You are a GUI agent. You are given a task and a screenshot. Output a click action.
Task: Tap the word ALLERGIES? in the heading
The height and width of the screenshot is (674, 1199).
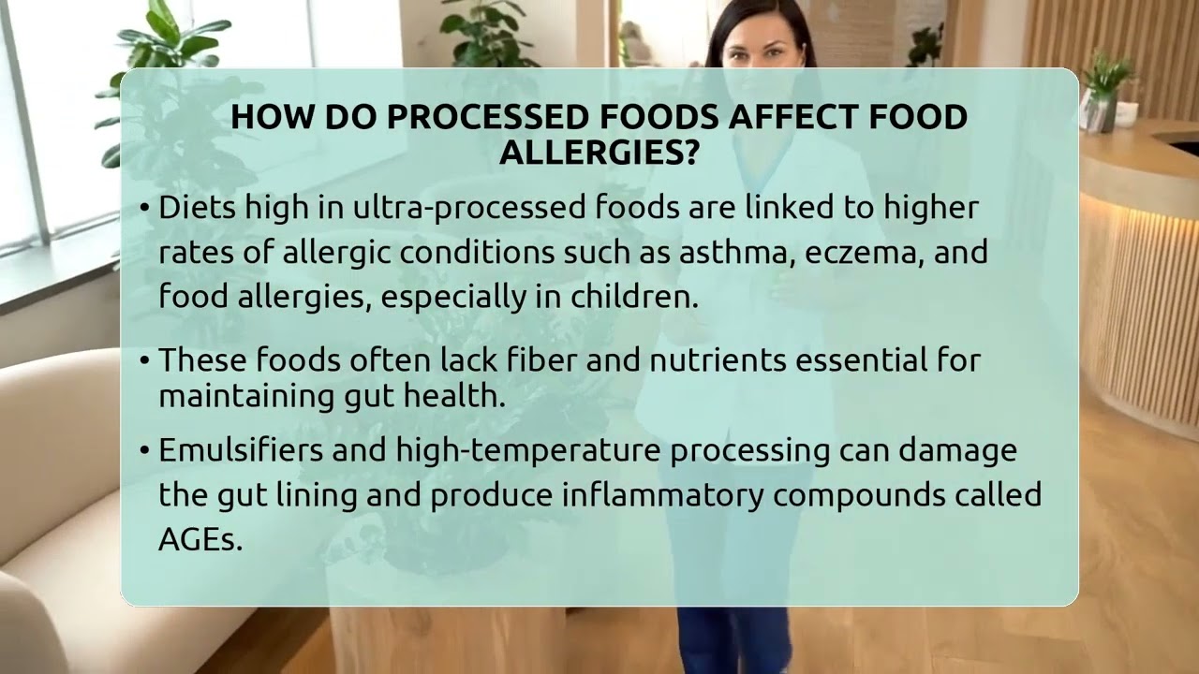599,153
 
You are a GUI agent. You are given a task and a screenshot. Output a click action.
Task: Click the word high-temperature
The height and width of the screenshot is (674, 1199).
528,450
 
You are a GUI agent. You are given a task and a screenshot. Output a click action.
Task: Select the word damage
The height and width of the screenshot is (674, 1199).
958,450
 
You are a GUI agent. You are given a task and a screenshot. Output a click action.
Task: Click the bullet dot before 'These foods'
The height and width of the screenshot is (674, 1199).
144,360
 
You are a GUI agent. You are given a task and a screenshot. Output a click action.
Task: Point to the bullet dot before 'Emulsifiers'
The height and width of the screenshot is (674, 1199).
144,451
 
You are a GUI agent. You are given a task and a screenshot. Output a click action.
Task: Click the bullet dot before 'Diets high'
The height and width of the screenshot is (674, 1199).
144,209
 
